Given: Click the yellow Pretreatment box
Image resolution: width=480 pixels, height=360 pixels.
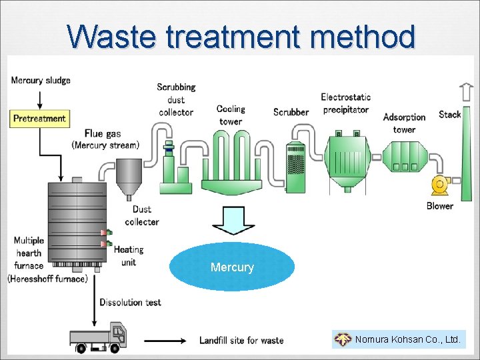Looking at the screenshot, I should tap(39, 119).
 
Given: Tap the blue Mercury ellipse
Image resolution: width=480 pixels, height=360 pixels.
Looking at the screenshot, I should tap(232, 267).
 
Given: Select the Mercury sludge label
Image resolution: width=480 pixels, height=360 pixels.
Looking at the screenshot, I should tap(41, 81).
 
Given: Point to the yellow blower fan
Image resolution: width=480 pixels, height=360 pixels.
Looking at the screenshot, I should tap(440, 185).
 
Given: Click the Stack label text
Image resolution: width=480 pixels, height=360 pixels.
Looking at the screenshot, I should tap(450, 114).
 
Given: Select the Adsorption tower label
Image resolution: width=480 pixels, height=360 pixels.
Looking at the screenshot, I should tap(404, 123).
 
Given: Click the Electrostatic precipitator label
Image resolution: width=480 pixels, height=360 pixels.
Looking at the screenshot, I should tap(345, 103).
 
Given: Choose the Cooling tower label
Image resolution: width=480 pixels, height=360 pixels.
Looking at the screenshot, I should tap(231, 115).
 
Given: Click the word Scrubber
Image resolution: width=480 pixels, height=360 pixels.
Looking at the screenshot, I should tap(291, 112).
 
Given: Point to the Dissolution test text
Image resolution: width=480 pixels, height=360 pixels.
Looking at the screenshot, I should tap(130, 302).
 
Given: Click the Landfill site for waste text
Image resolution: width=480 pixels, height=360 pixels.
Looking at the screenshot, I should tap(241, 340).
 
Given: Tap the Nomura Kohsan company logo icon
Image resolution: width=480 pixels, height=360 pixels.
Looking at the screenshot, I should tap(343, 340).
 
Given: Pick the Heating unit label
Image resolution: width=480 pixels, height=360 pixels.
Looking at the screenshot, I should tap(128, 256).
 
